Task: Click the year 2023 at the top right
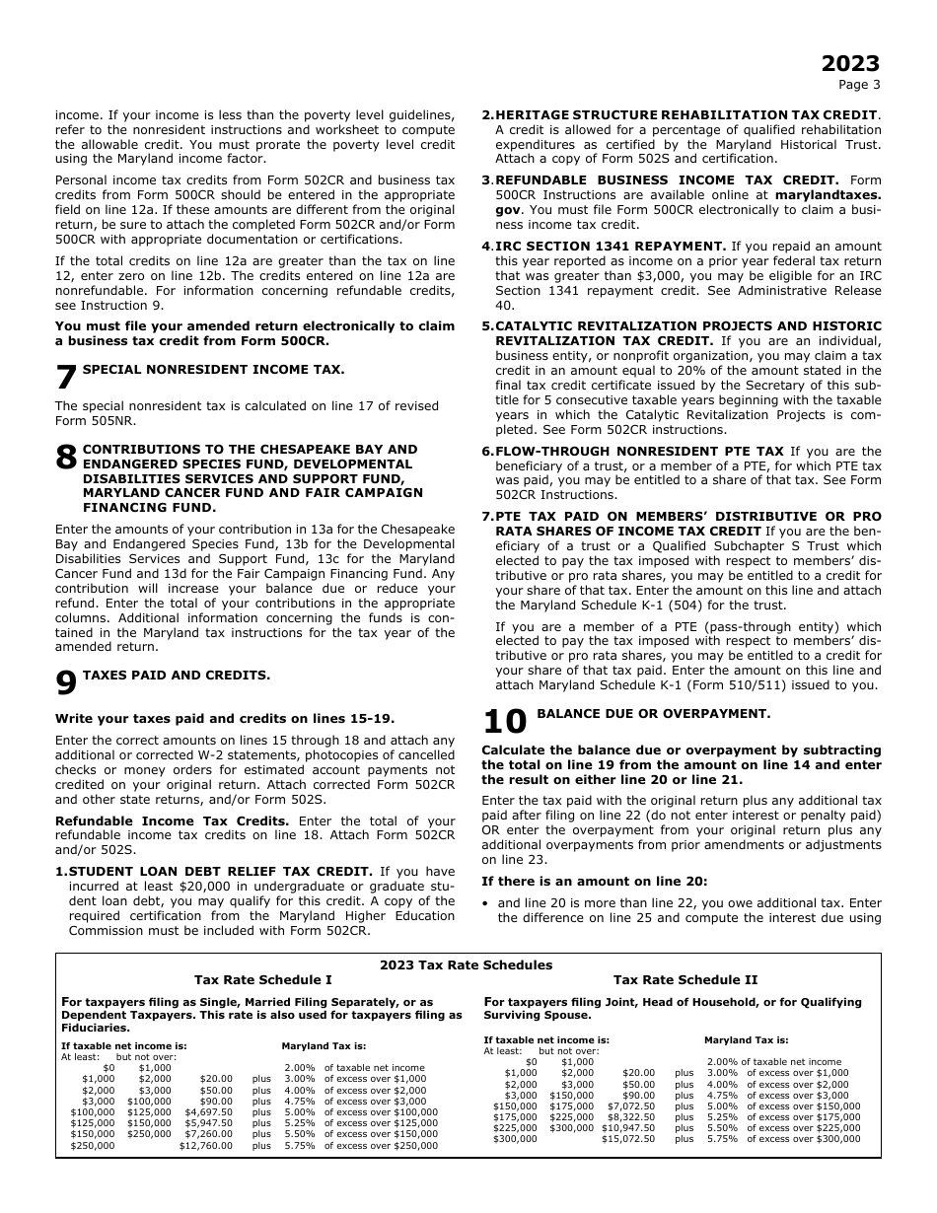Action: click(x=850, y=64)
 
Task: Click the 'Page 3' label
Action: click(x=860, y=85)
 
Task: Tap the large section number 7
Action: click(x=65, y=379)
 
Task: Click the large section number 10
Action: click(x=504, y=722)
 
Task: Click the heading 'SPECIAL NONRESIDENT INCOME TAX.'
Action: click(x=213, y=369)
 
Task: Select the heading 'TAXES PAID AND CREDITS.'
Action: click(x=176, y=676)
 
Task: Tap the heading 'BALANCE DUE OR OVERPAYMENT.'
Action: click(x=653, y=713)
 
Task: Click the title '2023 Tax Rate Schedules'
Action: click(x=467, y=964)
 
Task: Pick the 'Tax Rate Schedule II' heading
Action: click(x=685, y=979)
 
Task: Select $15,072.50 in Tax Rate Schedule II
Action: click(x=628, y=1139)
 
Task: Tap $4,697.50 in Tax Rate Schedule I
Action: click(x=208, y=1111)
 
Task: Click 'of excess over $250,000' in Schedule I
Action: click(x=381, y=1145)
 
